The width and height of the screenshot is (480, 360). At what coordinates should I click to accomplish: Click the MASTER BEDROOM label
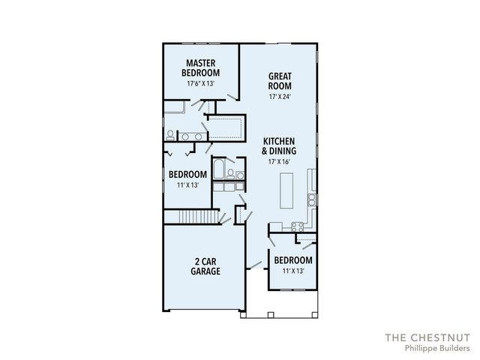point(200,67)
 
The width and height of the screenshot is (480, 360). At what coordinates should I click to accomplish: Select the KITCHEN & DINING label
point(277,145)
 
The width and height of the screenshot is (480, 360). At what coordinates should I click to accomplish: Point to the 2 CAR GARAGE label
point(205,266)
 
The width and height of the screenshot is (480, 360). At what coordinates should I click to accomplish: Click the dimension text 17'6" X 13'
point(200,84)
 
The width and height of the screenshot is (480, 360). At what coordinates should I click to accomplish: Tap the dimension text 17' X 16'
point(277,161)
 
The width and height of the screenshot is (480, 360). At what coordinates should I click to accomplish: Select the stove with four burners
point(297,226)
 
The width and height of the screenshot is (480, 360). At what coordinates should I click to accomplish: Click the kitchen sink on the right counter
point(311,199)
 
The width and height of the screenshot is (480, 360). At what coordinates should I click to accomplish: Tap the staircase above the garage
point(191,217)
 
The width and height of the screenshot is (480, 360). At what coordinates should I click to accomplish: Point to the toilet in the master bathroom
point(171,136)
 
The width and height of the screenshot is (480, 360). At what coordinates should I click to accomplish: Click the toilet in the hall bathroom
point(230,173)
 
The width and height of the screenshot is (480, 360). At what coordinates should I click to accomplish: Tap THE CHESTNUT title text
point(427,337)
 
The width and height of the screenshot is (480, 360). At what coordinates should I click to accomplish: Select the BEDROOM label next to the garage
point(292,260)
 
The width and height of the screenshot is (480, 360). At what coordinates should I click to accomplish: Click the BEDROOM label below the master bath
point(187,175)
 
